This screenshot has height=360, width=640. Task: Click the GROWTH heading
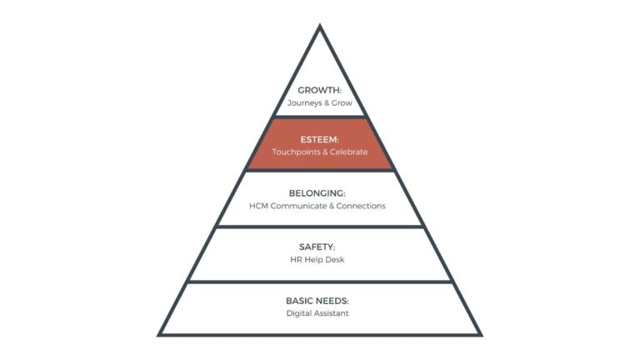pos(320,90)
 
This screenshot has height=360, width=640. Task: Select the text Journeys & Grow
pos(320,103)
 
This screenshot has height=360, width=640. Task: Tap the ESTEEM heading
pos(320,139)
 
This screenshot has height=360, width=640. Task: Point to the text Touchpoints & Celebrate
pos(320,152)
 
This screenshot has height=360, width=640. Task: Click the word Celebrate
pos(347,152)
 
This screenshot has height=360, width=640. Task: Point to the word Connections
pos(361,206)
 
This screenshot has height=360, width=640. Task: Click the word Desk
pos(336,260)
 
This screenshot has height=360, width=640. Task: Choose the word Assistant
pos(332,313)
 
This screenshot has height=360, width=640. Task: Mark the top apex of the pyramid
pos(320,26)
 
